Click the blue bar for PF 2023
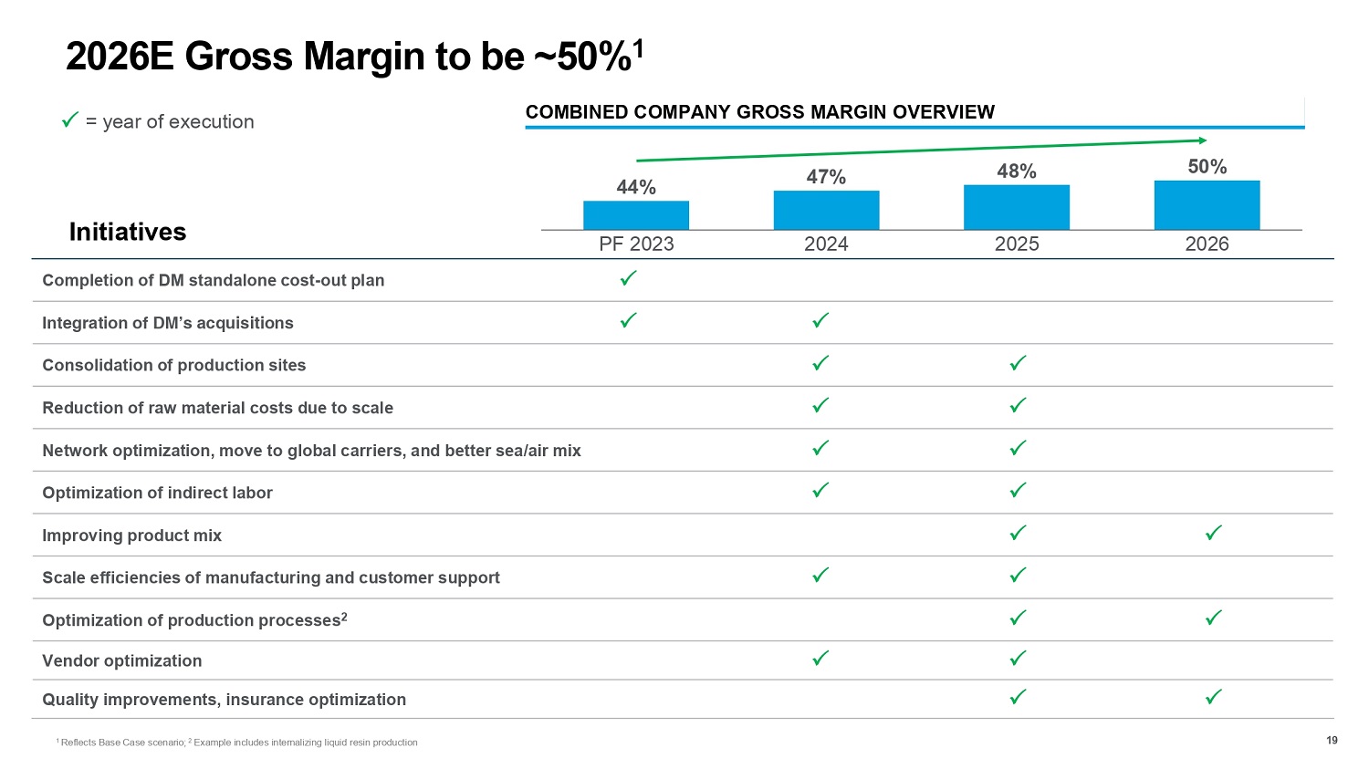click(636, 215)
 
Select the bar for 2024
click(826, 211)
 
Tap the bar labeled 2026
click(1207, 205)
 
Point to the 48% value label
click(1017, 171)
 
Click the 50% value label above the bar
click(1207, 166)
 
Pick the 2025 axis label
click(1017, 244)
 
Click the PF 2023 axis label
click(636, 244)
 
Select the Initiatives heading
click(128, 233)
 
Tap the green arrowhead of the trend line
click(1202, 140)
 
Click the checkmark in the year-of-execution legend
click(68, 120)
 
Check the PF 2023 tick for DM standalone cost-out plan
click(628, 278)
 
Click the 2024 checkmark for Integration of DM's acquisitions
click(820, 320)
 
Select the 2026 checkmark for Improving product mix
click(1214, 533)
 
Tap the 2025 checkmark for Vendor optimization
click(1019, 658)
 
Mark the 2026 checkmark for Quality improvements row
click(1214, 697)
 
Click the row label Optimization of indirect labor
click(157, 493)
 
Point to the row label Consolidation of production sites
click(173, 365)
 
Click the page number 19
click(1332, 740)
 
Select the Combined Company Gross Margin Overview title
click(759, 112)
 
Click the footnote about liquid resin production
click(305, 743)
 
